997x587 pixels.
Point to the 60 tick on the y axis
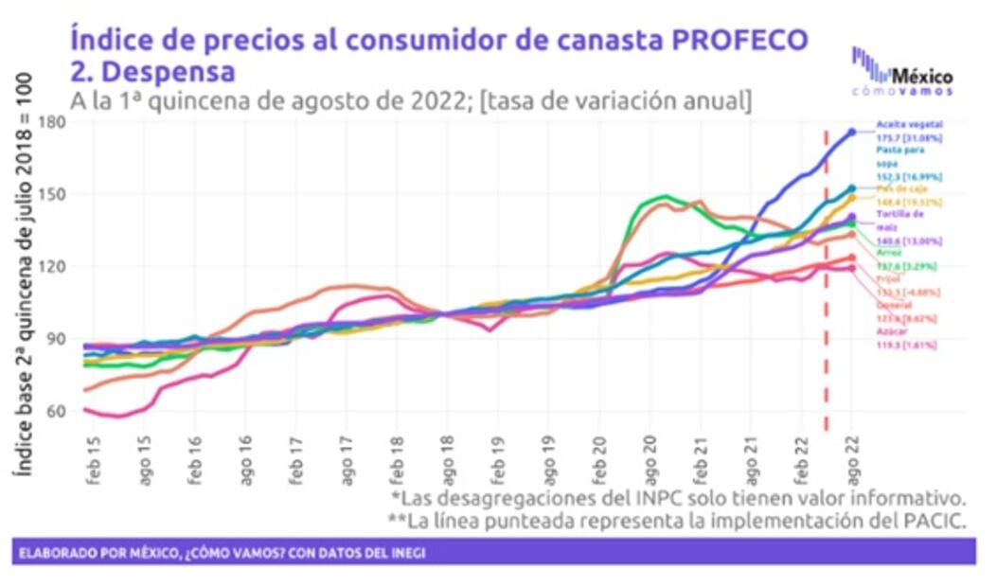point(55,411)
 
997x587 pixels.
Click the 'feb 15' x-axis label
point(94,456)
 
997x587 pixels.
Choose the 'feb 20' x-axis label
point(599,456)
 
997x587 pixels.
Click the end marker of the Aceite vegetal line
point(852,132)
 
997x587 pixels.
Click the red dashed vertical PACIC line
point(826,284)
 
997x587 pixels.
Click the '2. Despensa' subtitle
point(151,71)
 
